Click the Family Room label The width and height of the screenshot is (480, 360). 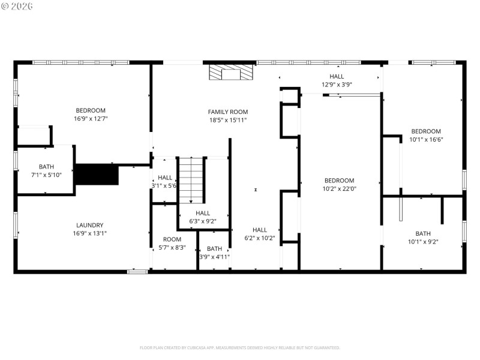(227, 112)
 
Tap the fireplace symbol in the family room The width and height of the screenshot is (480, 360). (231, 73)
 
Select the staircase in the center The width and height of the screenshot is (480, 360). (191, 180)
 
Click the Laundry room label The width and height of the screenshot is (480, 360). (90, 225)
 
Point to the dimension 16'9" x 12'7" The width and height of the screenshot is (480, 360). (90, 119)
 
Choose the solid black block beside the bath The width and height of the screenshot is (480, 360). (97, 175)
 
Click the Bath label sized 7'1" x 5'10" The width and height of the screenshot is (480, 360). (46, 167)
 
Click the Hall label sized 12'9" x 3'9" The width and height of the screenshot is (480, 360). (337, 76)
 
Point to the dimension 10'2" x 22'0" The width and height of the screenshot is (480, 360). (339, 188)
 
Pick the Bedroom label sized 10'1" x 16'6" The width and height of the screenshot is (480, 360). (425, 131)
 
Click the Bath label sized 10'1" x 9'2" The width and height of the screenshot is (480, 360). (423, 233)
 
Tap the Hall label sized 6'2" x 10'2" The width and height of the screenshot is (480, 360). (259, 229)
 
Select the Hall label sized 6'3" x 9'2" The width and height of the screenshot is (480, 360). (203, 212)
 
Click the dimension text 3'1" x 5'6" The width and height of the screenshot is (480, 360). (164, 186)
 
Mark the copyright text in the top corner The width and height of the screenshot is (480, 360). (17, 6)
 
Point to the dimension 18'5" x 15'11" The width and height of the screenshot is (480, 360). (227, 120)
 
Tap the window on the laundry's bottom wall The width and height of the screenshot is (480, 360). (137, 272)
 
